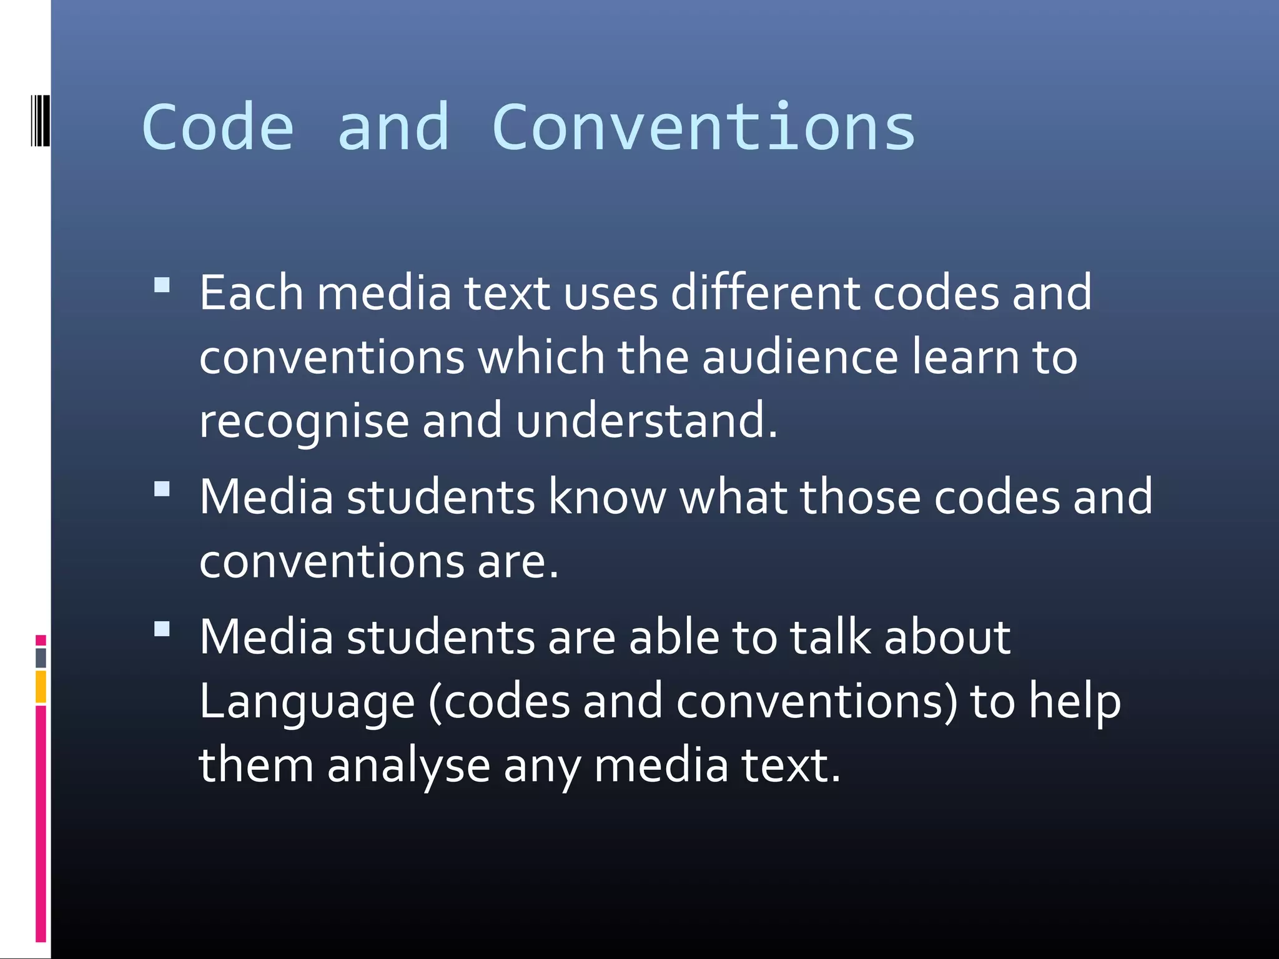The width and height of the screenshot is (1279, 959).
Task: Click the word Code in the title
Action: (218, 128)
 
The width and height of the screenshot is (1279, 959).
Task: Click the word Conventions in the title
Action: (703, 128)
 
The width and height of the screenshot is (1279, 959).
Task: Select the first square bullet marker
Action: (162, 285)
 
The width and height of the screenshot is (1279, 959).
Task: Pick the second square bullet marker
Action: (162, 488)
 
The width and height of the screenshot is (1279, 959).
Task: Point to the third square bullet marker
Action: (162, 629)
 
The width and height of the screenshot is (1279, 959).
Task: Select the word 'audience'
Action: (800, 357)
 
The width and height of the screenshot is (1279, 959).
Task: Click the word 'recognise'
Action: (304, 422)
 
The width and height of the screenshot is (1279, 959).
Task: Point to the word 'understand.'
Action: (647, 421)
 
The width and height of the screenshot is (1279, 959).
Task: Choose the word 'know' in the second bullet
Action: (607, 497)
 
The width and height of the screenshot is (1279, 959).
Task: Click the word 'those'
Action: (860, 497)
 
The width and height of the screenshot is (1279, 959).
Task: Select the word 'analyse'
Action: (408, 767)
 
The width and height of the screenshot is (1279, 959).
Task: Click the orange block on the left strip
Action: (41, 687)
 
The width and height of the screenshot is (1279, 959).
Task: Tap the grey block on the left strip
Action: (41, 657)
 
